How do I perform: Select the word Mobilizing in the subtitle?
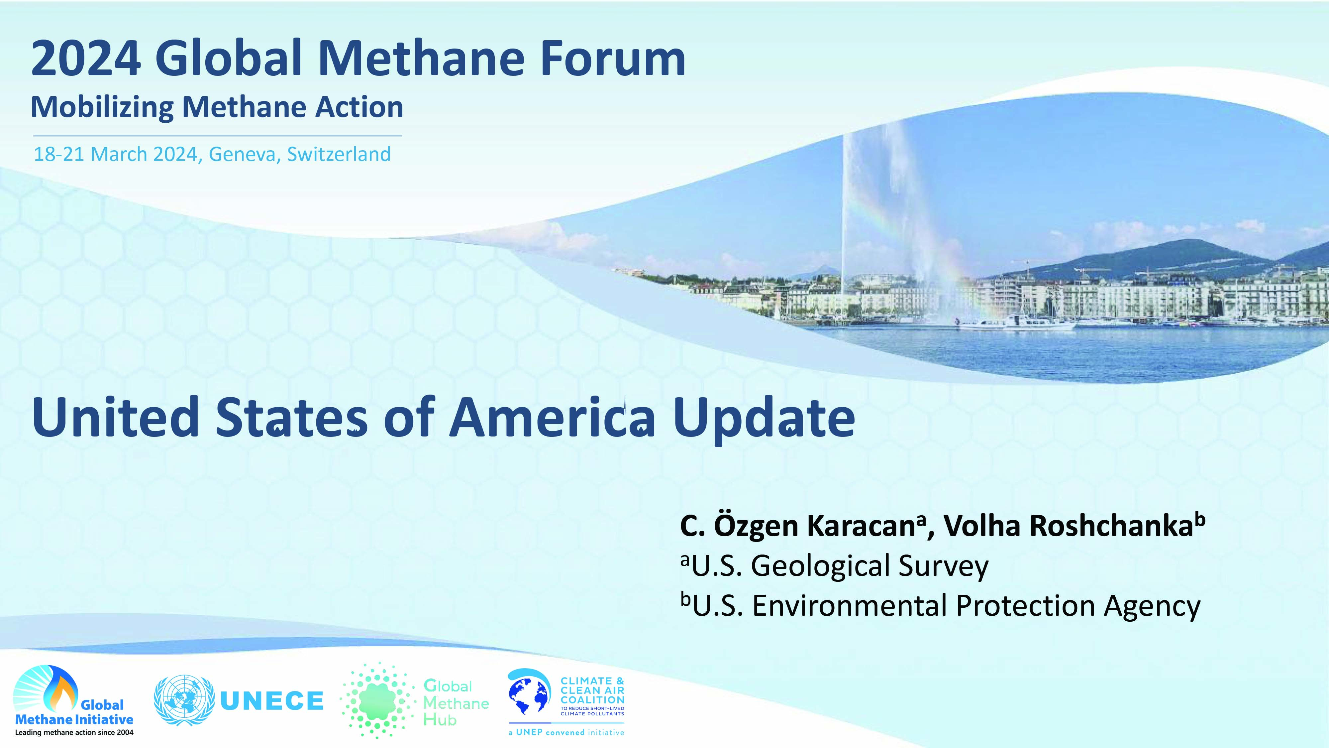click(x=102, y=107)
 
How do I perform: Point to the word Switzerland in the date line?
click(x=339, y=154)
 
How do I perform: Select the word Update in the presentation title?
click(x=764, y=417)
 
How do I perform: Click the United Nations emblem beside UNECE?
click(x=184, y=700)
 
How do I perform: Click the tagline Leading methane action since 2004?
click(x=74, y=732)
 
